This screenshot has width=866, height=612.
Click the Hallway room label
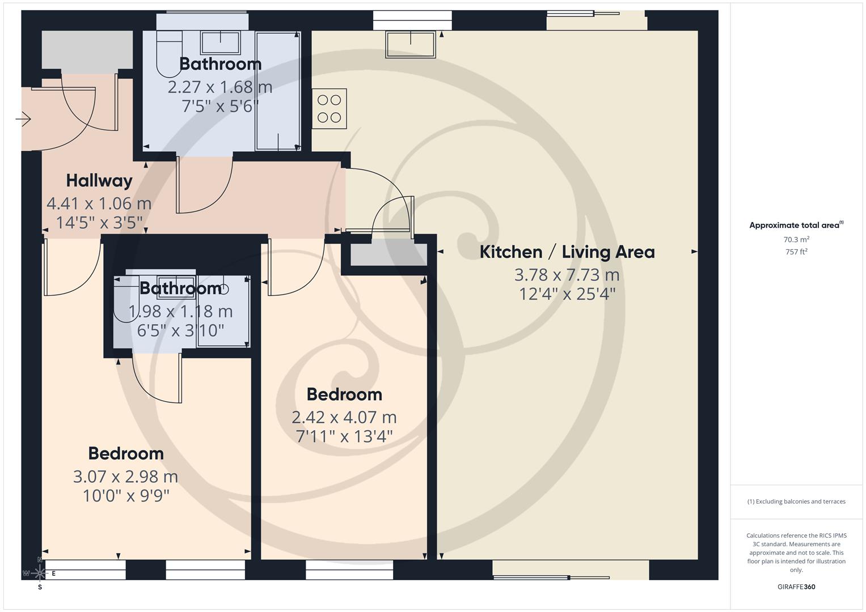(99, 181)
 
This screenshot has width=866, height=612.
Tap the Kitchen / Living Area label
(567, 252)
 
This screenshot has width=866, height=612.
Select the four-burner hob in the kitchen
(329, 109)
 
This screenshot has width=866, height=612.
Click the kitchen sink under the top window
(410, 44)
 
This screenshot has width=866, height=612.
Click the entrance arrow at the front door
(23, 119)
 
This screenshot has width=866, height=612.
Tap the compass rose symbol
(39, 573)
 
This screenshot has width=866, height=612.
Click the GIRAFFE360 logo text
(796, 586)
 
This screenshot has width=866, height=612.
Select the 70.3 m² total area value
(796, 240)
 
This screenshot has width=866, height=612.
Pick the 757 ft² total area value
(796, 252)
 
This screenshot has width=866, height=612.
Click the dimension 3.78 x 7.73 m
(567, 275)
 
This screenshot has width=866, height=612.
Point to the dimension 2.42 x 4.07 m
(344, 418)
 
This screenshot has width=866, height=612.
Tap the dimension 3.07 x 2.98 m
(125, 477)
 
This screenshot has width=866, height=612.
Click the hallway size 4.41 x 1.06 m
(99, 203)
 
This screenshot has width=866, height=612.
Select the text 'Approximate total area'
(794, 226)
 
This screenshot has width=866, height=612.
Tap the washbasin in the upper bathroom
(221, 42)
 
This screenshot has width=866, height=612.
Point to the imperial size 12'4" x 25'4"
(567, 294)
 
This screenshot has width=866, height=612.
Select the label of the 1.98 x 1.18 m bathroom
(180, 288)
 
